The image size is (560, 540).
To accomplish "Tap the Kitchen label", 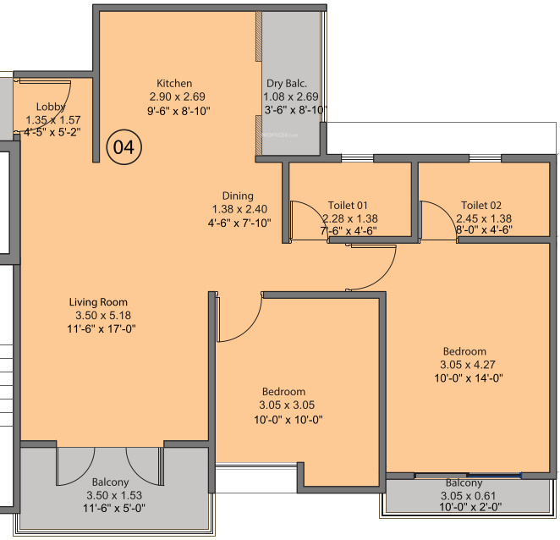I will tap(173, 84).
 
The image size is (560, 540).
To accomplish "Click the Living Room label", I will tap(98, 302).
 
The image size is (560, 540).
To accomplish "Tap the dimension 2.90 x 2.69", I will tap(173, 97).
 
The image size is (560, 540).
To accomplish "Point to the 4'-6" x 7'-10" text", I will tap(239, 223).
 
